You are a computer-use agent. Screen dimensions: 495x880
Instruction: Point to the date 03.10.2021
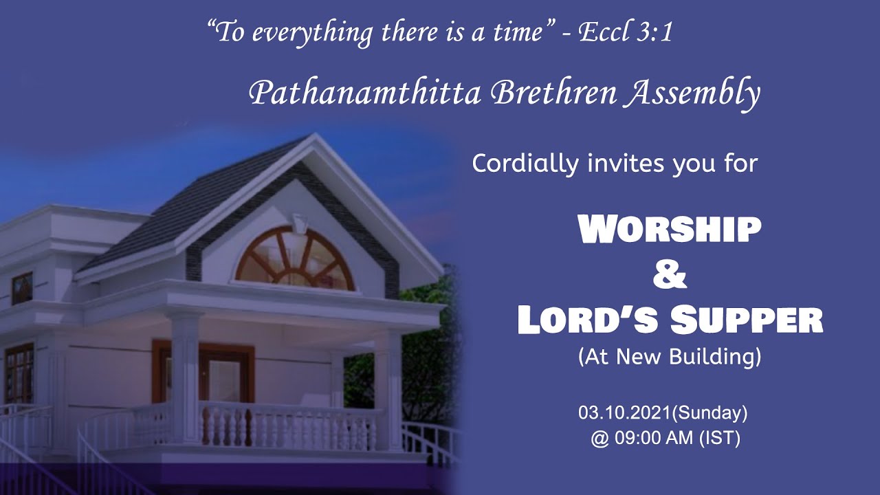624,413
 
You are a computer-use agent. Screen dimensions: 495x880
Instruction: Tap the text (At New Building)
669,357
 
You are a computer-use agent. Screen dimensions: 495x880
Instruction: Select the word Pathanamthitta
364,93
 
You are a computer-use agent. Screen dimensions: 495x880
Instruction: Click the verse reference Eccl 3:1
626,32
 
